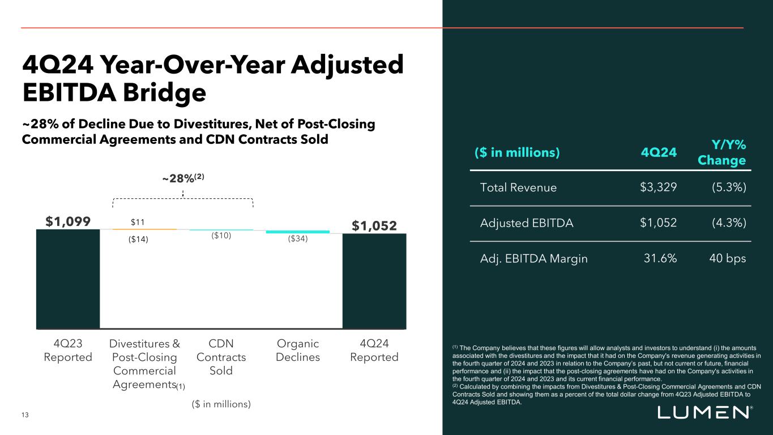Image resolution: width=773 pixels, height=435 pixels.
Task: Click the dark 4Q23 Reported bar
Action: click(68, 279)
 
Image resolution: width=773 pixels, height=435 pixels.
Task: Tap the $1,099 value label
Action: click(67, 220)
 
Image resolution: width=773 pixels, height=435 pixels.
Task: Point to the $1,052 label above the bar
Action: click(374, 226)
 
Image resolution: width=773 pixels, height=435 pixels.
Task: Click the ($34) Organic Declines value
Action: click(297, 238)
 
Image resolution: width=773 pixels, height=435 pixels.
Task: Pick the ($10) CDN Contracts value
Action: click(221, 236)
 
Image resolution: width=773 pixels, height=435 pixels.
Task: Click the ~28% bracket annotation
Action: click(183, 178)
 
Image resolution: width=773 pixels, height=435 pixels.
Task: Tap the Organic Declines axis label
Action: click(297, 350)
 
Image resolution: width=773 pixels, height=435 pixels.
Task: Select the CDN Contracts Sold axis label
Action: click(221, 357)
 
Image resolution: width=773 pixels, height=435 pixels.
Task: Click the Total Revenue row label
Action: click(518, 187)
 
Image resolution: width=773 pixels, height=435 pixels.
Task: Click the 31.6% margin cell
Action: click(660, 259)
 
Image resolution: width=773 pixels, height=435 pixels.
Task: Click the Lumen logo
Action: click(705, 413)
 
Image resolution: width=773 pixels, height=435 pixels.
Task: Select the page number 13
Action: click(25, 416)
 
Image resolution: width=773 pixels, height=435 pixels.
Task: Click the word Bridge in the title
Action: click(148, 93)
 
